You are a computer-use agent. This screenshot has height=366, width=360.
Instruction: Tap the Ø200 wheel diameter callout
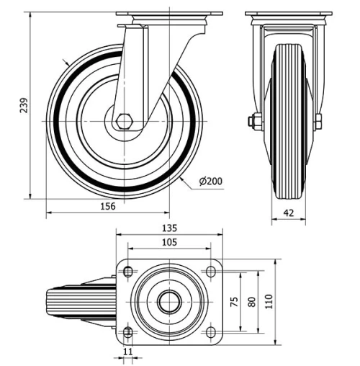pyautogui.click(x=210, y=181)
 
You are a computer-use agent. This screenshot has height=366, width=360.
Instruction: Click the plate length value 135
pyautogui.click(x=168, y=228)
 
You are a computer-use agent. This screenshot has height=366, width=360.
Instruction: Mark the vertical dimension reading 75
pyautogui.click(x=233, y=303)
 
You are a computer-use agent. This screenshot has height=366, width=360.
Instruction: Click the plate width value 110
pyautogui.click(x=269, y=303)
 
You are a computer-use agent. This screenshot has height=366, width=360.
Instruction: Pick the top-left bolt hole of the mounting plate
pyautogui.click(x=128, y=272)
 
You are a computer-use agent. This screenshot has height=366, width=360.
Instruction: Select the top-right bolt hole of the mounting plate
pyautogui.click(x=211, y=272)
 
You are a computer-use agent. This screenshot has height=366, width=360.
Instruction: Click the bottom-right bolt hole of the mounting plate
pyautogui.click(x=211, y=331)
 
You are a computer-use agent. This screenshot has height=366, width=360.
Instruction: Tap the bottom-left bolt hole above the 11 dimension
pyautogui.click(x=128, y=331)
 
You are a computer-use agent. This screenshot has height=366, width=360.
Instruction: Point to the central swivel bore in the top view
pyautogui.click(x=169, y=302)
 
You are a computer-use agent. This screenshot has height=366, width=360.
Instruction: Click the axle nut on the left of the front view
pyautogui.click(x=253, y=121)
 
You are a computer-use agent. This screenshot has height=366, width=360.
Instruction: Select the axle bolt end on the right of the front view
pyautogui.click(x=318, y=121)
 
